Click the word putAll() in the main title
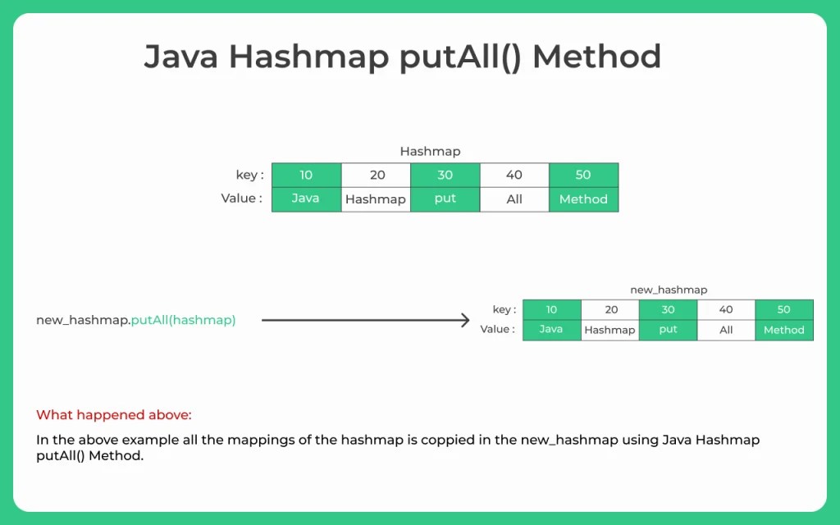(x=460, y=57)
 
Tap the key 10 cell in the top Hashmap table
(x=306, y=175)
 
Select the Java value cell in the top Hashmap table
(x=306, y=199)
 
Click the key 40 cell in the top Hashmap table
(x=514, y=175)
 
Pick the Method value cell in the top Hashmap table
(x=583, y=199)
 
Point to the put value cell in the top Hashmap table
(x=445, y=199)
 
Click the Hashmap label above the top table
(x=430, y=151)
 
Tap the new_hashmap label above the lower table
(x=668, y=290)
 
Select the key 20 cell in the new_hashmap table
(x=610, y=309)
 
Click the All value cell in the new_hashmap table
(x=726, y=330)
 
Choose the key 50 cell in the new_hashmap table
(x=783, y=309)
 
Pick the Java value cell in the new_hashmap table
(x=551, y=330)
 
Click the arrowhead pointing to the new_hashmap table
(x=464, y=320)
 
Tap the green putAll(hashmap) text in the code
(x=183, y=320)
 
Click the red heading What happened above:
(x=113, y=415)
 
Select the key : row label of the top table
(x=249, y=175)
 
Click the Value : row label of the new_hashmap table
(x=497, y=330)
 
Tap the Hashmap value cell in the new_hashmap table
(x=610, y=330)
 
